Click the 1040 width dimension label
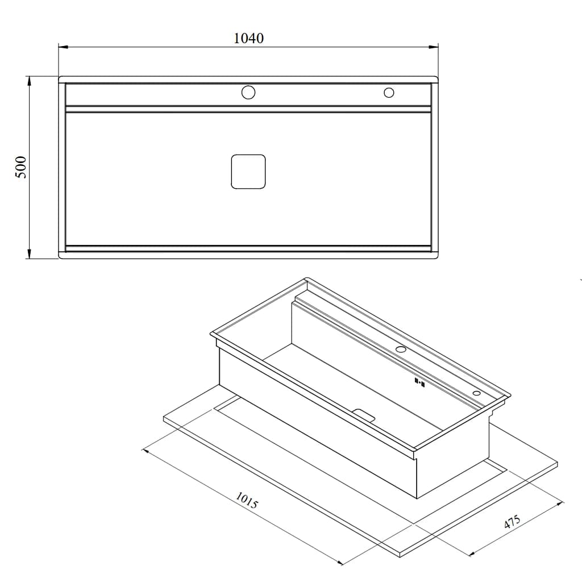point(249,38)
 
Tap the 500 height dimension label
point(22,168)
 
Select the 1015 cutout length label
point(247,500)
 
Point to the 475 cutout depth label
point(513,522)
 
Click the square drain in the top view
point(248,172)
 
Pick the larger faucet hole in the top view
point(248,93)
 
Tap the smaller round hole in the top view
point(389,93)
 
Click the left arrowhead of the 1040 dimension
point(64,47)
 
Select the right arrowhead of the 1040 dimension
point(434,47)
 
